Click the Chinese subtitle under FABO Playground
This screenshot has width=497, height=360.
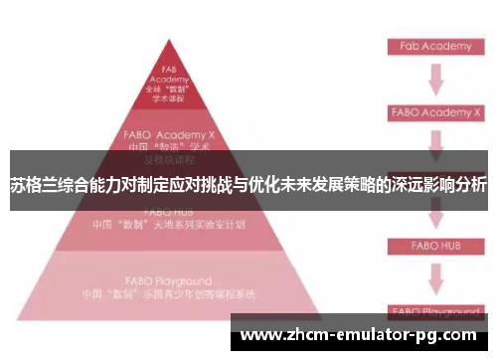pyautogui.click(x=169, y=295)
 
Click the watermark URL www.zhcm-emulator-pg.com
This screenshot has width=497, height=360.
pyautogui.click(x=360, y=335)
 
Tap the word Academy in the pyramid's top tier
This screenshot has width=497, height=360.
pyautogui.click(x=169, y=79)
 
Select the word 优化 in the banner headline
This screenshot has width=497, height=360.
pyautogui.click(x=290, y=185)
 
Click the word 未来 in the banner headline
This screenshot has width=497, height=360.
pyautogui.click(x=324, y=185)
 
